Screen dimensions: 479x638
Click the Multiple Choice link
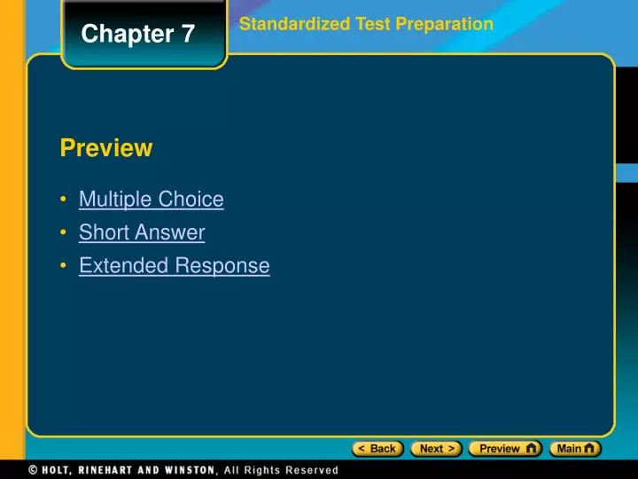151,200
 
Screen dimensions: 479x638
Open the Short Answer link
142,232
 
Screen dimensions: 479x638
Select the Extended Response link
174,265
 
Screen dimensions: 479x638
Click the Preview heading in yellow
106,148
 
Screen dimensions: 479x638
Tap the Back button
377,449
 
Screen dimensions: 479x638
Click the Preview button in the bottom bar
505,449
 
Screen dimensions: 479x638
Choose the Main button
575,449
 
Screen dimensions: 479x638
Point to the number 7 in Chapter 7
189,35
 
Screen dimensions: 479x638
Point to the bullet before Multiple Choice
66,200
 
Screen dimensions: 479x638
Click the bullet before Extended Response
66,265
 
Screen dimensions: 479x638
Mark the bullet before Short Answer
66,232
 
